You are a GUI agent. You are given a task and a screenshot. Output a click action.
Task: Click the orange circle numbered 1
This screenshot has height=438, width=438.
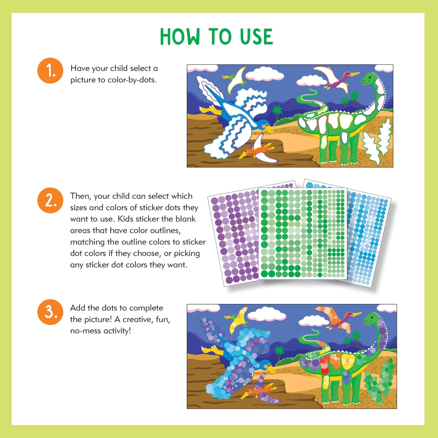(x=50, y=71)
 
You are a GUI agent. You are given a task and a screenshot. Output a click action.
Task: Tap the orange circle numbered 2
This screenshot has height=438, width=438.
(x=50, y=200)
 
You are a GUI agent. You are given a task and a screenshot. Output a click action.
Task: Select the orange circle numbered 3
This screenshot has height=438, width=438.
(x=50, y=312)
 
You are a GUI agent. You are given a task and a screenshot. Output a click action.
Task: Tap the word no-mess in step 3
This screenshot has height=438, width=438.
(x=86, y=331)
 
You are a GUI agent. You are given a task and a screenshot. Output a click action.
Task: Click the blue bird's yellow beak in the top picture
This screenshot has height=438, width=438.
(x=269, y=130)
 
